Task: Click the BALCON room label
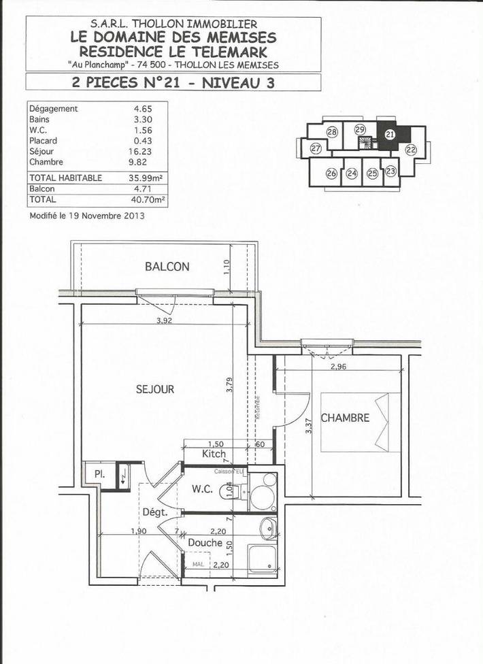(167, 267)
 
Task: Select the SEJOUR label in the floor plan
(154, 389)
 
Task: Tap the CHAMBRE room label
(345, 418)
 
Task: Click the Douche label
(205, 543)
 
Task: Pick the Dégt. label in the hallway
(154, 512)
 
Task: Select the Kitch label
(214, 454)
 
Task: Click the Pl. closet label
(99, 474)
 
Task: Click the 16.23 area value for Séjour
(139, 152)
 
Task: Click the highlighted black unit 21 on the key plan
(390, 135)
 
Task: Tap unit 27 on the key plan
(316, 148)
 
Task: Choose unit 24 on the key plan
(352, 173)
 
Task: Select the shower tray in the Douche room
(262, 559)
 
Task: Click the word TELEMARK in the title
(229, 52)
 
